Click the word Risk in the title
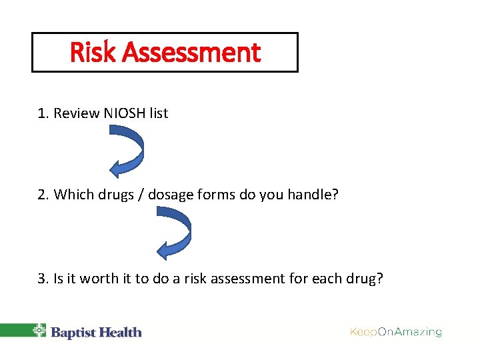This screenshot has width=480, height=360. pyautogui.click(x=90, y=52)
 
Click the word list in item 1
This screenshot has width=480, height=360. pyautogui.click(x=159, y=113)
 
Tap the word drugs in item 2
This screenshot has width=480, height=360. pyautogui.click(x=114, y=195)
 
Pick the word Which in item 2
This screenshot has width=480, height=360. pyautogui.click(x=71, y=195)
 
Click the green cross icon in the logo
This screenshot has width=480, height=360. pyautogui.click(x=40, y=331)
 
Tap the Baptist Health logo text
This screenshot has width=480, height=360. pyautogui.click(x=96, y=332)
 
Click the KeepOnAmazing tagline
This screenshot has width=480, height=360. pyautogui.click(x=396, y=332)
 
